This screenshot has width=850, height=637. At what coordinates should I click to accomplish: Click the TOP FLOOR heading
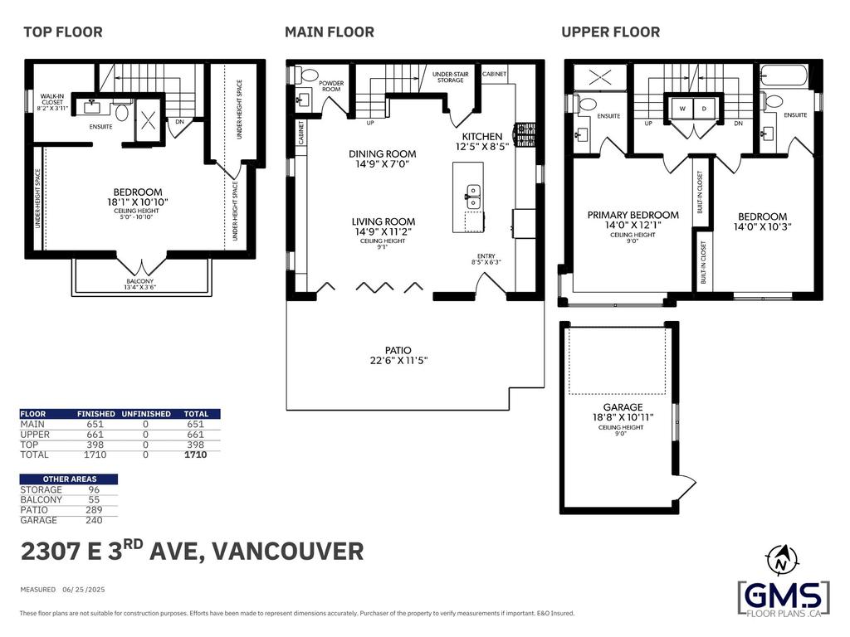[63, 32]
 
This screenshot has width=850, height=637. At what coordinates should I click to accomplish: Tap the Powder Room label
[331, 85]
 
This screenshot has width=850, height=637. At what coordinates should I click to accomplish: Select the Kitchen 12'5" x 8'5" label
[482, 140]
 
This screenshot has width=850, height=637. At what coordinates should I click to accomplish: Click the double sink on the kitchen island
[474, 197]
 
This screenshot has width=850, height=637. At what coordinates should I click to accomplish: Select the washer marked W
[682, 109]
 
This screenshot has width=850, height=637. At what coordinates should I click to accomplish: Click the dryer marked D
[704, 109]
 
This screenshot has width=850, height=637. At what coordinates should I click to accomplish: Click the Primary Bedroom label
[633, 215]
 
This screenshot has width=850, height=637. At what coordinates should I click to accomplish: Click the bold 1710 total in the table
[196, 455]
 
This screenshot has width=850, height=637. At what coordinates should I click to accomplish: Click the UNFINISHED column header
[146, 414]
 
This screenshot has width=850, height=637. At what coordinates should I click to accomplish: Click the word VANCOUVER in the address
[290, 552]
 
